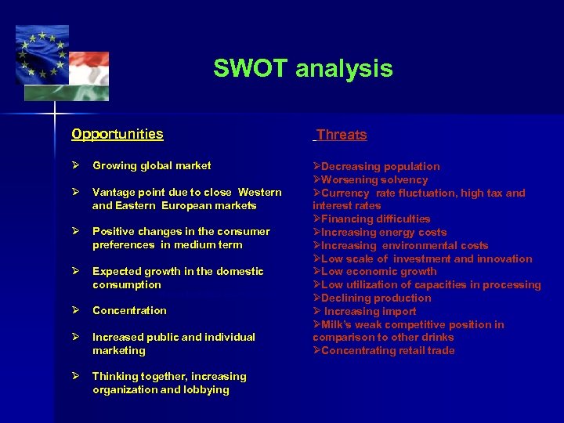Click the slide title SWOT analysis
tap(302, 69)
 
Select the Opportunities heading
tap(117, 134)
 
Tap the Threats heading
tap(342, 135)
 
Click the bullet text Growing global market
tap(151, 165)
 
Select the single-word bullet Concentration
tap(129, 310)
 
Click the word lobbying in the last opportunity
tap(207, 389)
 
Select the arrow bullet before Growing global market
tap(76, 165)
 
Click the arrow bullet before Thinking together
tap(76, 376)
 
